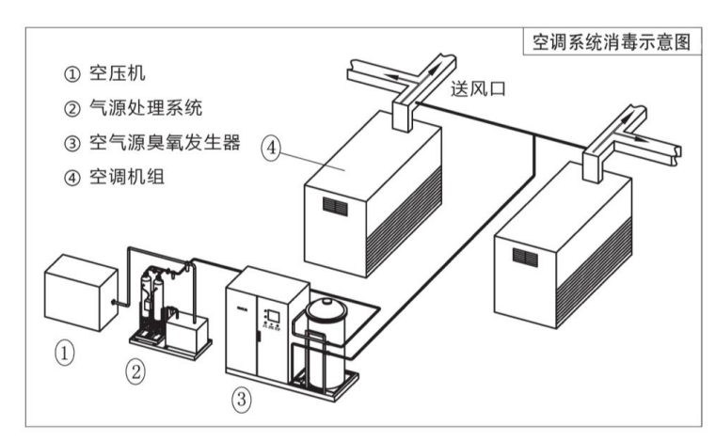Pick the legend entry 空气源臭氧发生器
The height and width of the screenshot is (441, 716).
[151, 143]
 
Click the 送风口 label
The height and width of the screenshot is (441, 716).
[481, 90]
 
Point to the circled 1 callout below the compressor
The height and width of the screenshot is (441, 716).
[64, 353]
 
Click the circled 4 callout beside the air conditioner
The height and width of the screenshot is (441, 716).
[272, 150]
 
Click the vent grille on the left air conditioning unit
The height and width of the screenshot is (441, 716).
[334, 203]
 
